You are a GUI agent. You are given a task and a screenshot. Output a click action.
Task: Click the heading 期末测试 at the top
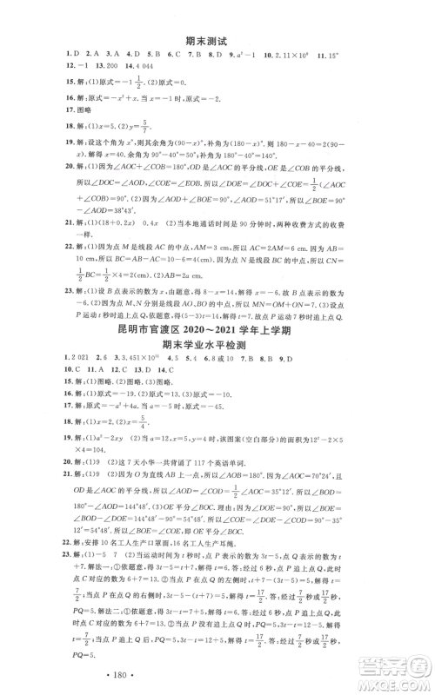[217, 38]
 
